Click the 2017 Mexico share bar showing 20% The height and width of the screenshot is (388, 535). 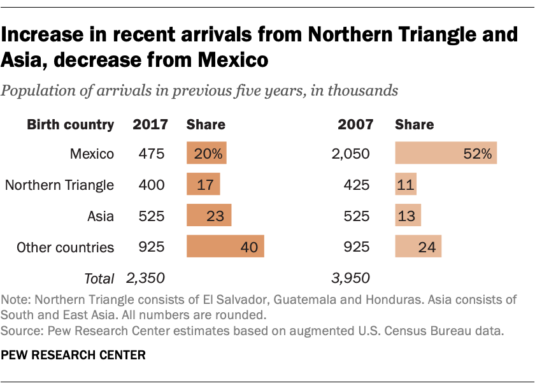point(206,154)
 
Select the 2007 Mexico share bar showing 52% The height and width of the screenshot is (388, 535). point(446,154)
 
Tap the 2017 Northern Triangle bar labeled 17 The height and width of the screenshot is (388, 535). point(203,185)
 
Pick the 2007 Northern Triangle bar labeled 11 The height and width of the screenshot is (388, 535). point(406,185)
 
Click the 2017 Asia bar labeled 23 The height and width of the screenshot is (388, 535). point(209,216)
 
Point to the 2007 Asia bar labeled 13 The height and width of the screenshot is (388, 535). point(408,216)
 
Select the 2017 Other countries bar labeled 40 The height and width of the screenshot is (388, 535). point(225,247)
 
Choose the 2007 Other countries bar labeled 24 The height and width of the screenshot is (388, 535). point(418,247)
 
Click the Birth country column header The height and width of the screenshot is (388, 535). point(70,124)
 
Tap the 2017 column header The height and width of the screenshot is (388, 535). point(150,124)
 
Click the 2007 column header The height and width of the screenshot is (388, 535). point(355,124)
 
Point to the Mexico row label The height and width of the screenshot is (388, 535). point(92,154)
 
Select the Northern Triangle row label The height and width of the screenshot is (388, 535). point(59,185)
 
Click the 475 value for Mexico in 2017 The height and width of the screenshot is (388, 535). point(152,154)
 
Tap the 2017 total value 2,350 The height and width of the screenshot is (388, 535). point(146,278)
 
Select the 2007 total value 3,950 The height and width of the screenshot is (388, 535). point(351,278)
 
